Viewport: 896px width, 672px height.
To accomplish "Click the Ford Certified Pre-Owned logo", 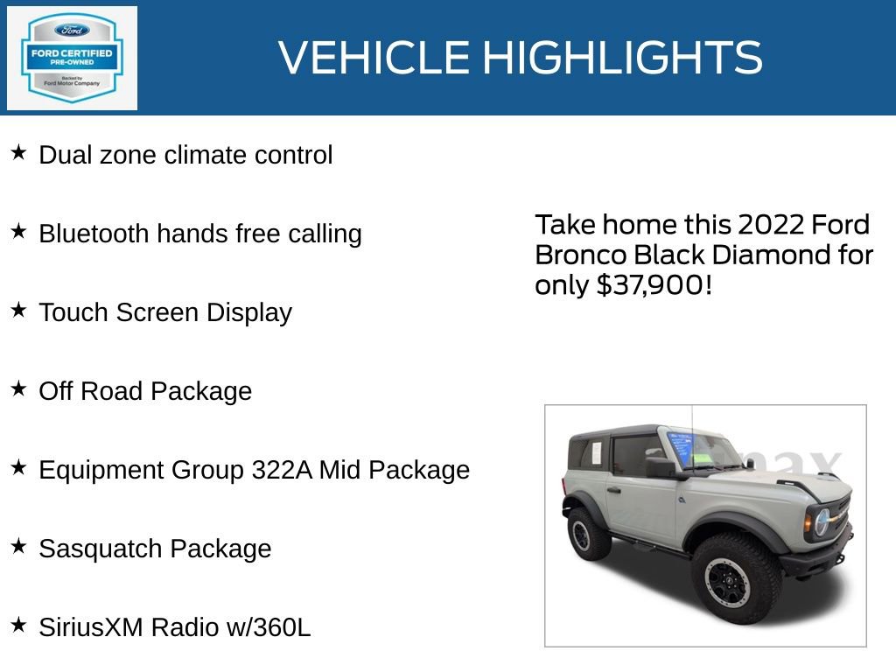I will (x=72, y=59).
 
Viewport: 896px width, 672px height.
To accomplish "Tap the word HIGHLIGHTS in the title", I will (x=622, y=58).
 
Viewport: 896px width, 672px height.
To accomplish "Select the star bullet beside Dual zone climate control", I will (x=18, y=153).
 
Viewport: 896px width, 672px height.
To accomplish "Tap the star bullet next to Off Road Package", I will (x=18, y=389).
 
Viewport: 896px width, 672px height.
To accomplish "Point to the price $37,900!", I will (x=654, y=285).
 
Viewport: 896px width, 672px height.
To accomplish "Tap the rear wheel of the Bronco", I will (x=588, y=532).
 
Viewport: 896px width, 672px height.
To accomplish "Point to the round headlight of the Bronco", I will (x=822, y=523).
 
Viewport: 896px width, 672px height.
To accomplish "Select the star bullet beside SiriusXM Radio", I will (x=18, y=626).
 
